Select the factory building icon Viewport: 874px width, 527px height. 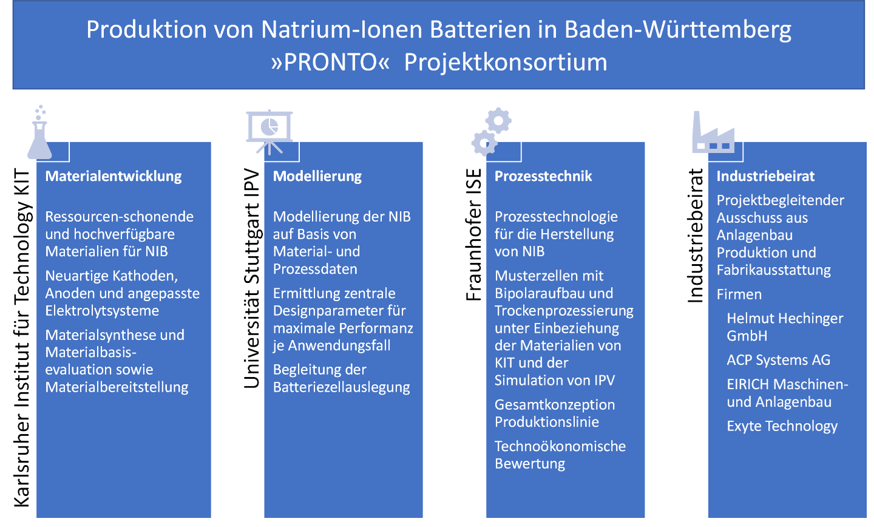[713, 133]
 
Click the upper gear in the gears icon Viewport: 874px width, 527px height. [499, 120]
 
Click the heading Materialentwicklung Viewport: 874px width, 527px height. [113, 177]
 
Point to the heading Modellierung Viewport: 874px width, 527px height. [317, 177]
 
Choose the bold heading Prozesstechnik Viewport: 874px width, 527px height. [543, 177]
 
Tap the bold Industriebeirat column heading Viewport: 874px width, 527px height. [765, 177]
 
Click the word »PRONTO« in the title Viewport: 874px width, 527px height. [330, 63]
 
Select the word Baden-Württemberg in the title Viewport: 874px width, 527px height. [678, 30]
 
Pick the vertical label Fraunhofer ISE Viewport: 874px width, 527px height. [473, 234]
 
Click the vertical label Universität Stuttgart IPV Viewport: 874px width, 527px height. [251, 278]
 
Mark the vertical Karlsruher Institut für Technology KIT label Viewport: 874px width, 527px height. [22, 338]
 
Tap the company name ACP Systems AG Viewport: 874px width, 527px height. [778, 360]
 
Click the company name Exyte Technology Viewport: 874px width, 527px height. [782, 426]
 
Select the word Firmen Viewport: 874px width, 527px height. [739, 294]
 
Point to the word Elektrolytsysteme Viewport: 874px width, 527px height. [102, 311]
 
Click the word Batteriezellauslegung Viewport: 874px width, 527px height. [341, 387]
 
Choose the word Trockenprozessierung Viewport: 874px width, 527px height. [564, 311]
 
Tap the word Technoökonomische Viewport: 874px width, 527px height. [560, 446]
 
